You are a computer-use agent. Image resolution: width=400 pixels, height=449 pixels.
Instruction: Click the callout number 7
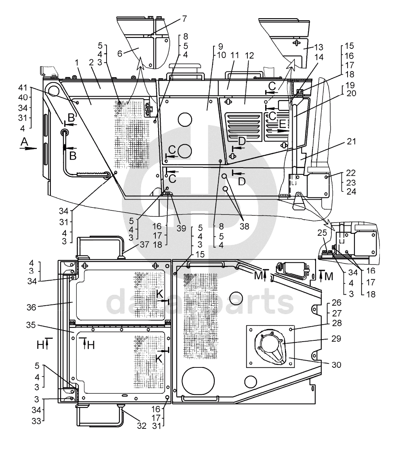pyautogui.click(x=184, y=19)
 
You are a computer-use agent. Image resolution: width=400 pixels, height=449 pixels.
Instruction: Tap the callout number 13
pyautogui.click(x=319, y=47)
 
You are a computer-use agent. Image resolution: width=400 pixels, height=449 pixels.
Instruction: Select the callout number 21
pyautogui.click(x=351, y=141)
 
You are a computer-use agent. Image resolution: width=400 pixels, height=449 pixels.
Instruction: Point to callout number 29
pyautogui.click(x=336, y=338)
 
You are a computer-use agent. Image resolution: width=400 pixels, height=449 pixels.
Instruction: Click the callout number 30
pyautogui.click(x=337, y=365)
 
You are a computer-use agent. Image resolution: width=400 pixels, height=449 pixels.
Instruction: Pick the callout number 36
pyautogui.click(x=31, y=307)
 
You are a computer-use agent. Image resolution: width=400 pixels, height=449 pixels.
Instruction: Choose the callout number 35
pyautogui.click(x=31, y=325)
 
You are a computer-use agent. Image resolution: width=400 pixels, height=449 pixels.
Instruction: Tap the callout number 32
pyautogui.click(x=142, y=426)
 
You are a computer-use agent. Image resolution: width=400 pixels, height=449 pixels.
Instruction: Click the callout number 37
pyautogui.click(x=145, y=244)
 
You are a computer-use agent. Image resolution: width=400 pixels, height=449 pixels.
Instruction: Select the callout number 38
pyautogui.click(x=244, y=227)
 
